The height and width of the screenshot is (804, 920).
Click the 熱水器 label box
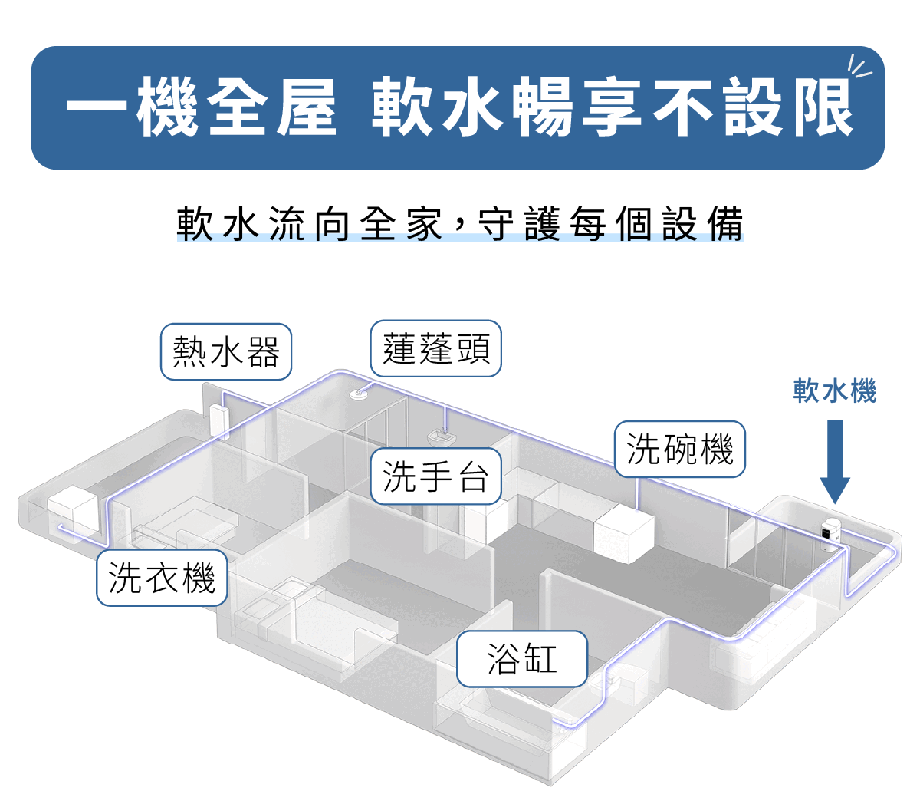tap(226, 351)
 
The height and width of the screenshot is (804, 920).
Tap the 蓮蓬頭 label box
tap(435, 348)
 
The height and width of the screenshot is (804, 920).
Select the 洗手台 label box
tap(435, 476)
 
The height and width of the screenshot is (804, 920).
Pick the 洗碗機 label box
tap(680, 449)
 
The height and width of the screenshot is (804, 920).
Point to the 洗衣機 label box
tap(162, 577)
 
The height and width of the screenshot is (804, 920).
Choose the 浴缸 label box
tap(522, 658)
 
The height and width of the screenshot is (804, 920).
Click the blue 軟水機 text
tap(834, 390)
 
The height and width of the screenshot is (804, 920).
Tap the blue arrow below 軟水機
tap(835, 461)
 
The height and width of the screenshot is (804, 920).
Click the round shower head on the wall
tap(358, 394)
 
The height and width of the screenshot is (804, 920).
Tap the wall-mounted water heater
tap(219, 420)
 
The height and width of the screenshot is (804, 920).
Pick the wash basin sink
tap(442, 437)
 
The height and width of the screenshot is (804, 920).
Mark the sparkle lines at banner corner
tap(860, 67)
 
